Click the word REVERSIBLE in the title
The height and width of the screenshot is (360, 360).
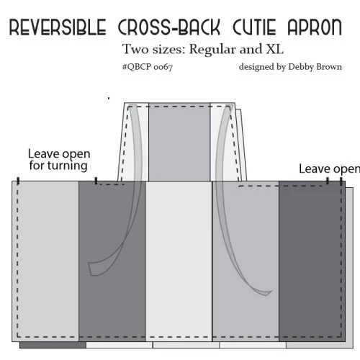pos(58,27)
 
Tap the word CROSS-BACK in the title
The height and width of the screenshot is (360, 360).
pos(169,27)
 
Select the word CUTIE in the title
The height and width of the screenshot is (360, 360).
pos(254,27)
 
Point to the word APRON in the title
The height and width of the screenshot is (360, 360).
pos(315,27)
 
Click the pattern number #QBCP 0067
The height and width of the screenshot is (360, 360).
pos(148,67)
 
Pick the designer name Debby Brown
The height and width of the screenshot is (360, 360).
pos(315,67)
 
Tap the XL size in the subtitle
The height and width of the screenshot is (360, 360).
pos(274,49)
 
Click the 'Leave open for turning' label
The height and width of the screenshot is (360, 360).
pos(59,160)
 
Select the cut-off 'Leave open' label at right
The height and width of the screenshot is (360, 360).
pos(329,169)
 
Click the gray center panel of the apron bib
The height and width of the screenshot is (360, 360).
pos(179,142)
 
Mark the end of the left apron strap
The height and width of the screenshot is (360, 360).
pos(91,269)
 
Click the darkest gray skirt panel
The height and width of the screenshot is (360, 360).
pos(312,261)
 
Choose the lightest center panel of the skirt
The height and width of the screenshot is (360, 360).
pos(179,261)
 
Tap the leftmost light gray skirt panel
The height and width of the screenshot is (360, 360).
pos(45,261)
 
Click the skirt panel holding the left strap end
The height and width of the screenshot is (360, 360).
pos(112,261)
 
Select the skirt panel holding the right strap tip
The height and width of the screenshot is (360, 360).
pos(246,261)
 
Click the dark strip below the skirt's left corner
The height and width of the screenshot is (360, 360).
pos(53,345)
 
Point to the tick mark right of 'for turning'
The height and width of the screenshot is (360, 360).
pos(96,181)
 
